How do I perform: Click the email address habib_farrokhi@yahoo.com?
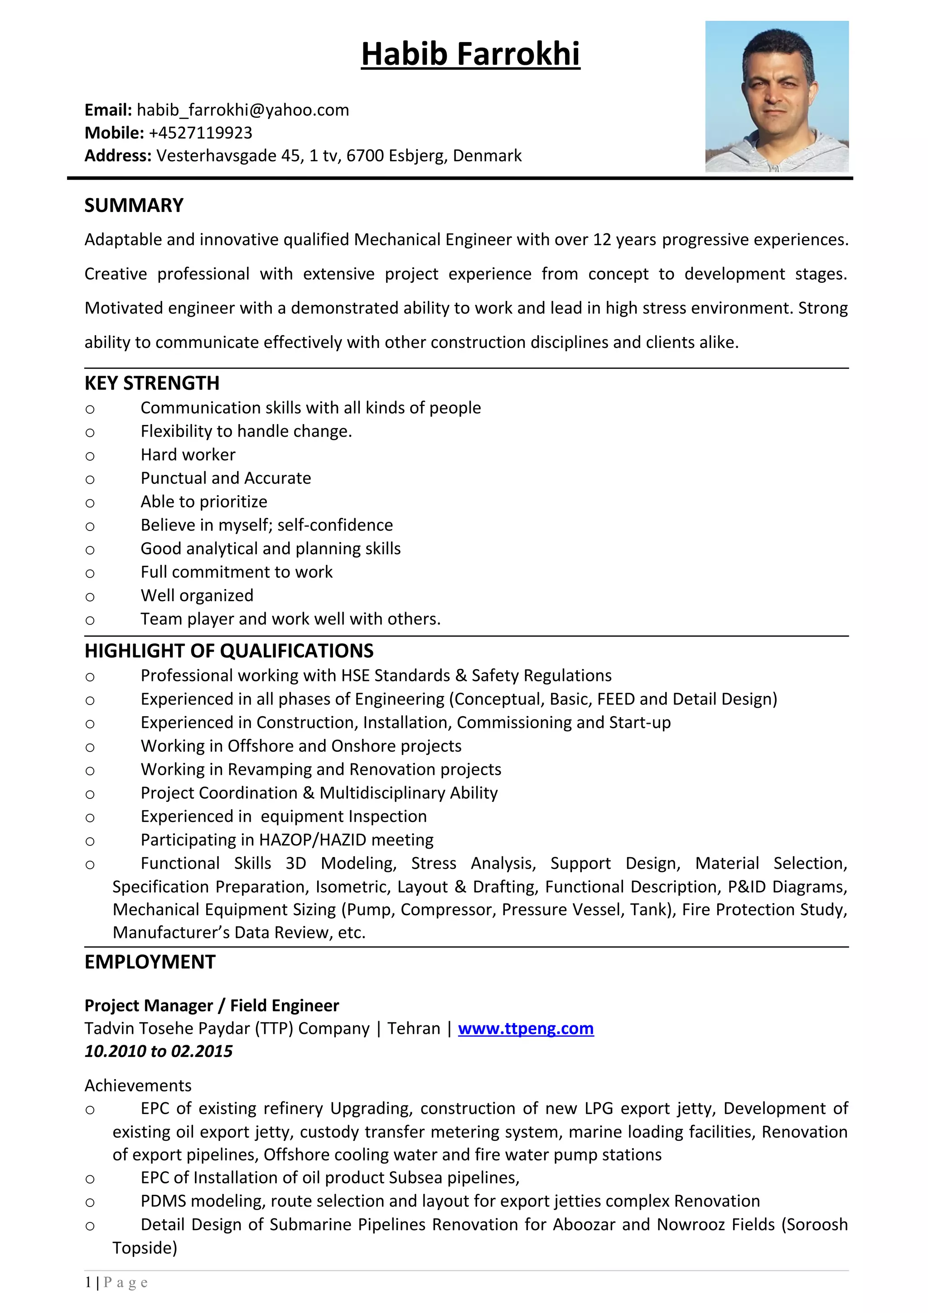(x=242, y=110)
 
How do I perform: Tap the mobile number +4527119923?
(x=200, y=133)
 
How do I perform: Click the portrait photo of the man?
(x=777, y=96)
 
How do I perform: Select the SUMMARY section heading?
(x=134, y=205)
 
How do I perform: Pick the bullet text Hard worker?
(x=188, y=454)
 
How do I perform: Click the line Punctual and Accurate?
(x=225, y=478)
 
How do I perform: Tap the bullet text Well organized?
(x=197, y=595)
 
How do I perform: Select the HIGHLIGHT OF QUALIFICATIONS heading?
(x=229, y=651)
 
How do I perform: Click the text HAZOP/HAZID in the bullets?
(x=312, y=840)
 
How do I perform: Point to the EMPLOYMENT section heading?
(x=150, y=962)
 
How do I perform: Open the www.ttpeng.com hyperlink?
(x=526, y=1028)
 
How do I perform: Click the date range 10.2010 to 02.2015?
(x=159, y=1051)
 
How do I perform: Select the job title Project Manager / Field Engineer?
(x=212, y=1005)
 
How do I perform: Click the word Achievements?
(x=138, y=1086)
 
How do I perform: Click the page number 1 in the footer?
(x=88, y=1283)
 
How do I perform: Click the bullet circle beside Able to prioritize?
(x=90, y=503)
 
